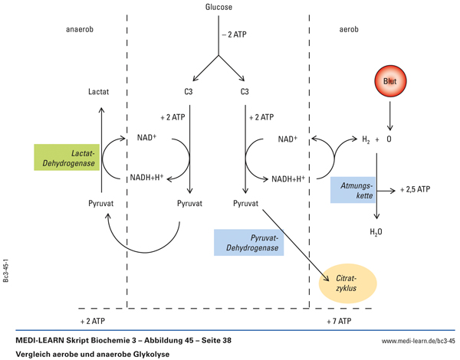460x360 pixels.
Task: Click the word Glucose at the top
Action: [219, 8]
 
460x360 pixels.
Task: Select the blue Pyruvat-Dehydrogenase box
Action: [248, 243]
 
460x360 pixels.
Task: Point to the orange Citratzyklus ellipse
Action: [348, 283]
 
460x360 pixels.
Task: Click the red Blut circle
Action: [390, 80]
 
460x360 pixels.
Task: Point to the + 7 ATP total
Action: [338, 320]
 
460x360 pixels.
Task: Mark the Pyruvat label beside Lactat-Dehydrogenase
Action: [100, 205]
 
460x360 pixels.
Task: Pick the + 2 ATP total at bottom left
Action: [93, 320]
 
